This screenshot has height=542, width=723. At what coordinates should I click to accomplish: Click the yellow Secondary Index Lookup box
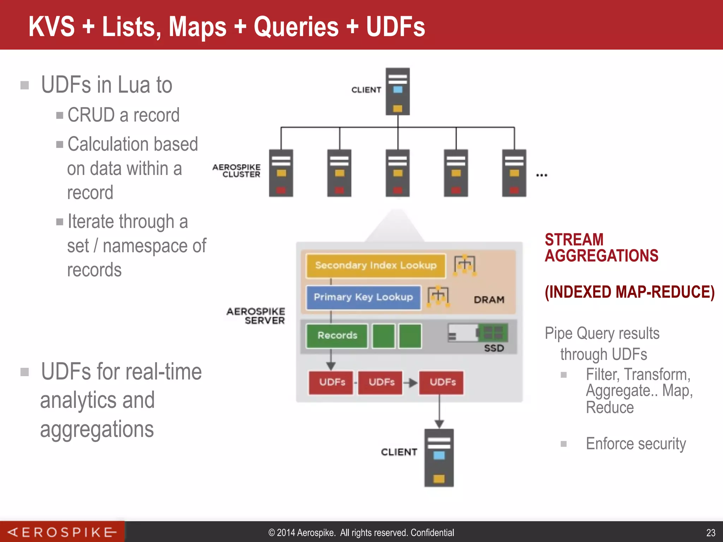click(x=376, y=265)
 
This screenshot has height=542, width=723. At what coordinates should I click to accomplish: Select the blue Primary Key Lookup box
click(x=363, y=297)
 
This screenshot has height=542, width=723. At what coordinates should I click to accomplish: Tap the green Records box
click(x=337, y=336)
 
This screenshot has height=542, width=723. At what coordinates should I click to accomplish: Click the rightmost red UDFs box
click(x=442, y=383)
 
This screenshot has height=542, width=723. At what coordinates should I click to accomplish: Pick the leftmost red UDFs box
click(x=331, y=383)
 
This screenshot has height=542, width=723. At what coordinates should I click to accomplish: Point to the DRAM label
click(x=489, y=300)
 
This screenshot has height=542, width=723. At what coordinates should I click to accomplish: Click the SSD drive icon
click(x=478, y=333)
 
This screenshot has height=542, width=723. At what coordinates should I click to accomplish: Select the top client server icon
click(x=398, y=91)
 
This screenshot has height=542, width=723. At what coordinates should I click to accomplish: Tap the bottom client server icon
click(x=439, y=458)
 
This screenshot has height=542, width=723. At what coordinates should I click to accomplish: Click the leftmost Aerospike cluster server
click(x=281, y=173)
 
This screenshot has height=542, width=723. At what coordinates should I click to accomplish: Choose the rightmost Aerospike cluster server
click(x=514, y=173)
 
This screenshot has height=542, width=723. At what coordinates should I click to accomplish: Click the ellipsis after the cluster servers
click(x=542, y=175)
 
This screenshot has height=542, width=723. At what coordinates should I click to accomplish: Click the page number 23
click(x=711, y=532)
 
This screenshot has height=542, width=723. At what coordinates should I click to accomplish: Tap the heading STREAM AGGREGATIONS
click(x=601, y=248)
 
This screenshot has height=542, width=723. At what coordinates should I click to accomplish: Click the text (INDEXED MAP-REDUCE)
click(x=629, y=292)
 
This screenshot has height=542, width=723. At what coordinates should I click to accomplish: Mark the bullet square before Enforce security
click(x=564, y=444)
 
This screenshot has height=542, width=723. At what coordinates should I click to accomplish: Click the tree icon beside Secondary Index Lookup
click(x=465, y=265)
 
